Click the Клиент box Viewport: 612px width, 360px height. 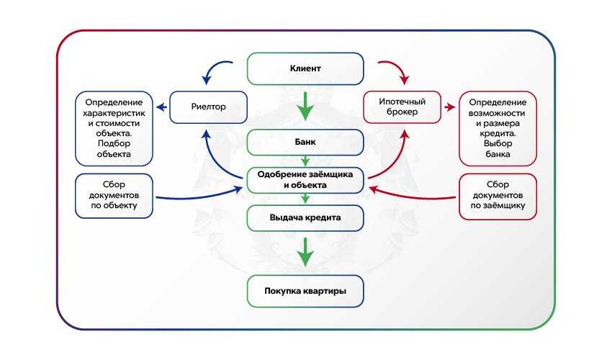point(305,69)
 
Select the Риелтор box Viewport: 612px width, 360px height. point(208,107)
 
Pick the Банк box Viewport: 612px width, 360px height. point(305,141)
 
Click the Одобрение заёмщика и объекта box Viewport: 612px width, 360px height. point(305,179)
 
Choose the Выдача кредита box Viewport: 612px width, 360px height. point(305,216)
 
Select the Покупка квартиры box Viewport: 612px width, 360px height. point(305,291)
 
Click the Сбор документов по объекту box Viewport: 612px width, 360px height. point(114,194)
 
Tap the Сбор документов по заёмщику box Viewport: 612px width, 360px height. point(498,194)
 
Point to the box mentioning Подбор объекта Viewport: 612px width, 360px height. point(114,127)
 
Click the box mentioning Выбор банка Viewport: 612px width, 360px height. point(498,127)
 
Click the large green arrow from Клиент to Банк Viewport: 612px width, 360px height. point(305,106)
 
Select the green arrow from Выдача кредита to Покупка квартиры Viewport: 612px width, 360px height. point(305,251)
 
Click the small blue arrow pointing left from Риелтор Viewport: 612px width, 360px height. point(162,108)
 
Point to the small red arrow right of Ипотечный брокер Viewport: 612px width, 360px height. point(450,108)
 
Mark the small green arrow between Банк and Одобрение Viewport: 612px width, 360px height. point(305,160)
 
